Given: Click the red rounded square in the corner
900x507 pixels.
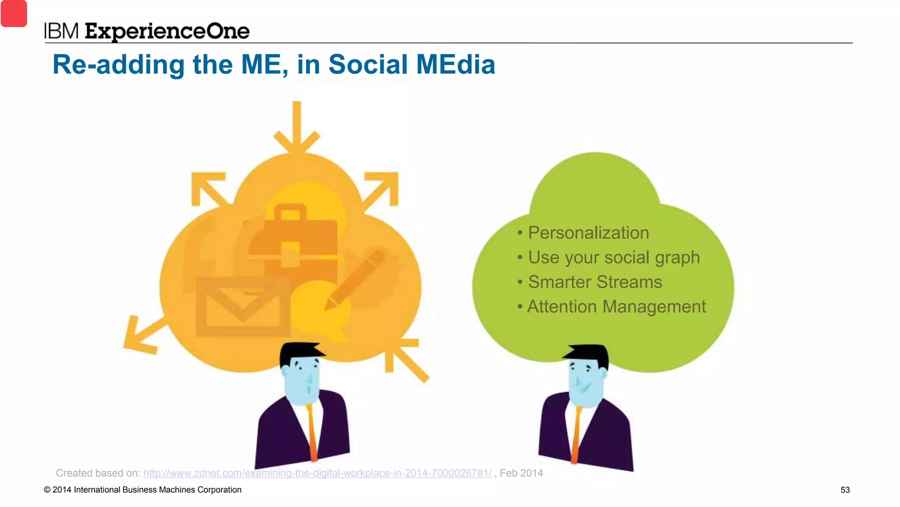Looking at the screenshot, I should [x=14, y=13].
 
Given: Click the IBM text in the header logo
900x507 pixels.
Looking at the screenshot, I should [x=61, y=31].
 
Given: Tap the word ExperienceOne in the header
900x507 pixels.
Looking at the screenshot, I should [x=167, y=32].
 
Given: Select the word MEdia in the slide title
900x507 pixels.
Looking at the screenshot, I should [x=455, y=65].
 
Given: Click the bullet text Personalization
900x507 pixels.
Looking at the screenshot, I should [x=588, y=233].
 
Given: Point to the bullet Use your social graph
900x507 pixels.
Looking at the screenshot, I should [x=613, y=257].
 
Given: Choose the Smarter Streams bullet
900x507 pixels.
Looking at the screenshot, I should [x=595, y=282].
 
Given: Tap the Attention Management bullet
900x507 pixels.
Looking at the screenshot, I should [x=616, y=307].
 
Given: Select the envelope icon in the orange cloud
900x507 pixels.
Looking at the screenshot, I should [x=243, y=307].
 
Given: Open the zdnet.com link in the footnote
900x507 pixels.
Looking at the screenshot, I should [x=317, y=473].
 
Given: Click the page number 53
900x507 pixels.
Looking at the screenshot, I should [x=845, y=490].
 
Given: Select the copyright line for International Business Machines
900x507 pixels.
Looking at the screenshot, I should [x=143, y=490].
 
